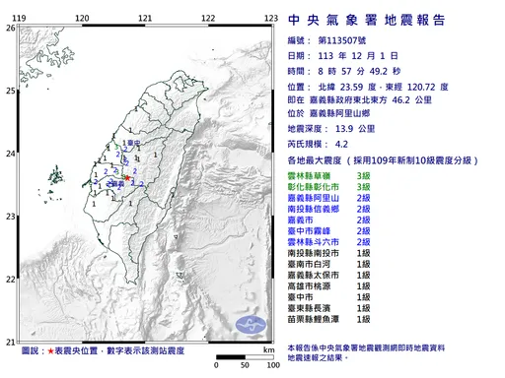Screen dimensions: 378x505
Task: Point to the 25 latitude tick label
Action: (x=11, y=91)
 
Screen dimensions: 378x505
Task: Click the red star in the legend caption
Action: (x=50, y=350)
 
